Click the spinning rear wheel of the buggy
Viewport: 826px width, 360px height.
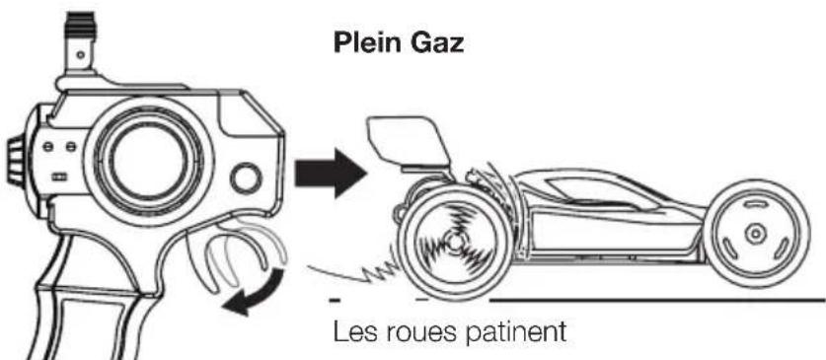451,239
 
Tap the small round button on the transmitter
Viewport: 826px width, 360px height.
246,180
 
